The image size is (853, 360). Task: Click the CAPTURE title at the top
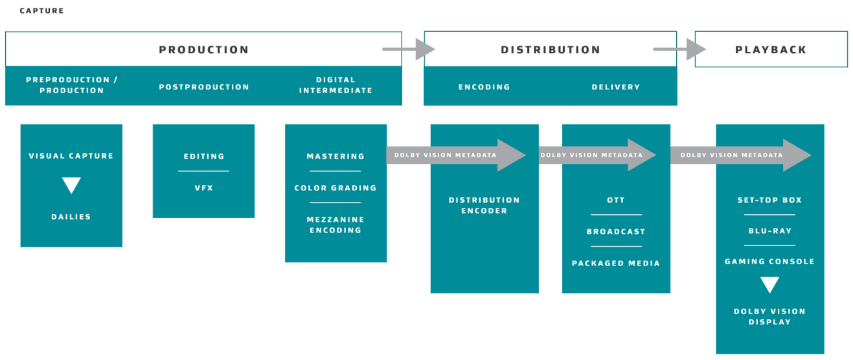(x=41, y=11)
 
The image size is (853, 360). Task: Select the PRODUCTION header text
(x=203, y=50)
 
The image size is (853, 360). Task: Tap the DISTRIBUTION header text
(x=551, y=50)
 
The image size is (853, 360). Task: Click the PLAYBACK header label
(x=771, y=50)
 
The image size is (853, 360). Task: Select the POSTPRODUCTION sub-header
(x=203, y=87)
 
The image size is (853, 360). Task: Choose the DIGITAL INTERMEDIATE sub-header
(x=336, y=85)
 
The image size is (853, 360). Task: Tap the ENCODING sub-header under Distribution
(x=484, y=87)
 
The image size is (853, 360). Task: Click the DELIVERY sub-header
(x=615, y=87)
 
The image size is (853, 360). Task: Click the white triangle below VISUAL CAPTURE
(x=71, y=186)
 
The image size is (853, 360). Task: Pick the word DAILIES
(x=71, y=217)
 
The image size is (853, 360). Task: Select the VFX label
(x=203, y=188)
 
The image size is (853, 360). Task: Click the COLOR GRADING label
(x=336, y=188)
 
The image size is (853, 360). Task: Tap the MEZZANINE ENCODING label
(x=336, y=225)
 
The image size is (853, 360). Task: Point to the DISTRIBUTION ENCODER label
(x=484, y=205)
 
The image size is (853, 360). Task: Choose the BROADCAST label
(x=615, y=232)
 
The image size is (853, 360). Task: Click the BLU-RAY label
(x=769, y=231)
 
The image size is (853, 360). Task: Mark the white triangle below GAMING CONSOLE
(x=769, y=285)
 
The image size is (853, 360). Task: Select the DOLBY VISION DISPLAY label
(x=769, y=317)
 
